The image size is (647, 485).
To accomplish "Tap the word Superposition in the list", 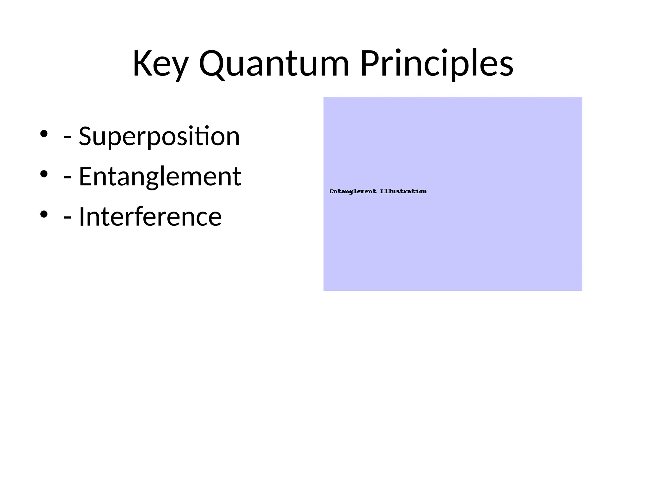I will (159, 137).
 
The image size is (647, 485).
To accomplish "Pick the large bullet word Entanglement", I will (160, 177).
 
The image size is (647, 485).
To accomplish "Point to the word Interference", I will (150, 217).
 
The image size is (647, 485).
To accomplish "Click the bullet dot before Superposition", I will (44, 134).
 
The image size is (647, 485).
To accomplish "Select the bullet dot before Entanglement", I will (44, 174).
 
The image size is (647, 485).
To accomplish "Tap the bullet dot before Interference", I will (44, 214).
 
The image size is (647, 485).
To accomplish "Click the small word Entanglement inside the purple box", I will (353, 191).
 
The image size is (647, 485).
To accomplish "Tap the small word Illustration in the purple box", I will (403, 191).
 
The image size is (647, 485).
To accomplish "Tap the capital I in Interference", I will (81, 217).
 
